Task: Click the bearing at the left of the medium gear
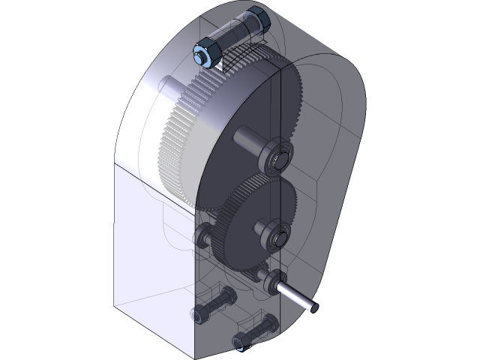(203, 238)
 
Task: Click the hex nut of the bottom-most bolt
(239, 343)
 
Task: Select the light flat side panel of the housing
(150, 247)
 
